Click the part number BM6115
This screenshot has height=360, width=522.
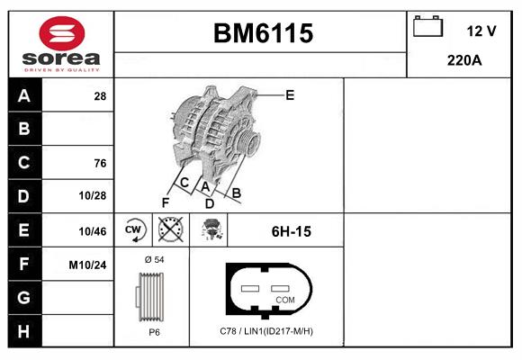pyautogui.click(x=263, y=33)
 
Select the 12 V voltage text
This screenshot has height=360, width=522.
pyautogui.click(x=481, y=31)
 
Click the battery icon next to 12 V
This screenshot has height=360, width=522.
pyautogui.click(x=427, y=28)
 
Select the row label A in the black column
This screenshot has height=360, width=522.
pyautogui.click(x=23, y=95)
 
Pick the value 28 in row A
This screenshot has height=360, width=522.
pyautogui.click(x=100, y=95)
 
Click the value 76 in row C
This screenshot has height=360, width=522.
pyautogui.click(x=100, y=163)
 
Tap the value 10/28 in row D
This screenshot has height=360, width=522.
pyautogui.click(x=94, y=196)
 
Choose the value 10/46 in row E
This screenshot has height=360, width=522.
pyautogui.click(x=94, y=231)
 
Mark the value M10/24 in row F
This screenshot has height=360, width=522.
pyautogui.click(x=89, y=265)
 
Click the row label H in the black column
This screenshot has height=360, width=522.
pyautogui.click(x=23, y=331)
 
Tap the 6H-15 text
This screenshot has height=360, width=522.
pyautogui.click(x=291, y=231)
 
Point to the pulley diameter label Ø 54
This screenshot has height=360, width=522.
pyautogui.click(x=154, y=259)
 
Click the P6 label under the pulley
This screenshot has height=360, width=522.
pyautogui.click(x=154, y=331)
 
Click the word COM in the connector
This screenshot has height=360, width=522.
pyautogui.click(x=285, y=299)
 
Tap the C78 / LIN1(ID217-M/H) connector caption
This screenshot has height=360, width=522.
pyautogui.click(x=265, y=331)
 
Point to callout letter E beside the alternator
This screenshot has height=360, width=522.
pyautogui.click(x=290, y=94)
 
